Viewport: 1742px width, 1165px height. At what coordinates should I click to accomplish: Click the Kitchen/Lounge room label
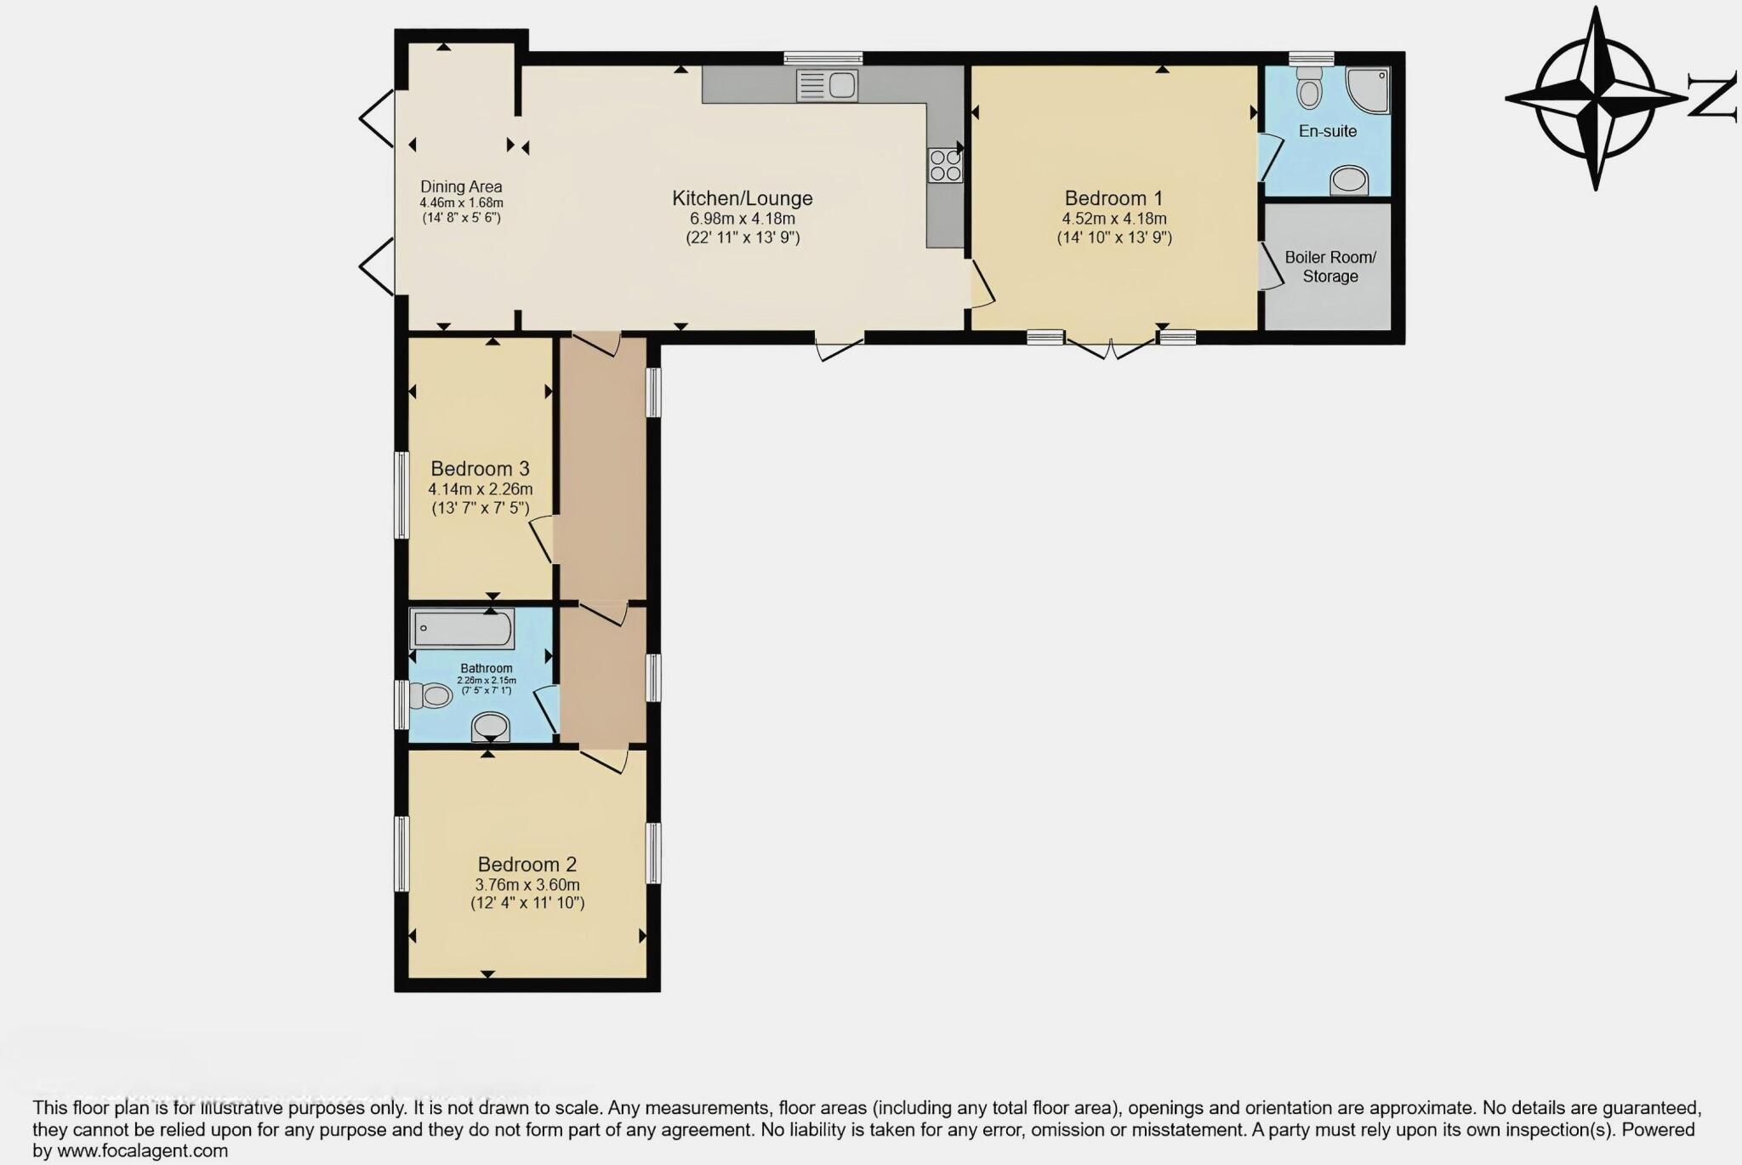click(742, 198)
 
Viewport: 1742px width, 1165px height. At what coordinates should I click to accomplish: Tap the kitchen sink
click(827, 85)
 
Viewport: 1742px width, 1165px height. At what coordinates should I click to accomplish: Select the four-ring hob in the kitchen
click(945, 165)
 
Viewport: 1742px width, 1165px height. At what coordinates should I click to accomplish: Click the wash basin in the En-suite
click(1349, 180)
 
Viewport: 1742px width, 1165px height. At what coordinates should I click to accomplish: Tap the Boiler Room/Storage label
click(1329, 266)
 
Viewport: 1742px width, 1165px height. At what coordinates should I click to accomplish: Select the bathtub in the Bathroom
click(462, 629)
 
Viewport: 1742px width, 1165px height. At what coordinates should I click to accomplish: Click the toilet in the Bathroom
click(432, 696)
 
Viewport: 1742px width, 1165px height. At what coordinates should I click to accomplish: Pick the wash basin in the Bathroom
click(491, 727)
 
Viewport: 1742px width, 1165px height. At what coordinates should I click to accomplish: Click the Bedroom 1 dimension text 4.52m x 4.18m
click(1113, 219)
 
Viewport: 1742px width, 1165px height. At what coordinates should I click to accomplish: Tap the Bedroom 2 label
click(527, 865)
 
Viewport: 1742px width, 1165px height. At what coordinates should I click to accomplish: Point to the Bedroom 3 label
click(480, 469)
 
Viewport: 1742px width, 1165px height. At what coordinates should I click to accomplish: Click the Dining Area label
click(461, 186)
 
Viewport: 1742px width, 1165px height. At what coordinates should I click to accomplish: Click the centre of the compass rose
click(1596, 99)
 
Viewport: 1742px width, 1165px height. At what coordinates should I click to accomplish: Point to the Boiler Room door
click(1270, 266)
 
